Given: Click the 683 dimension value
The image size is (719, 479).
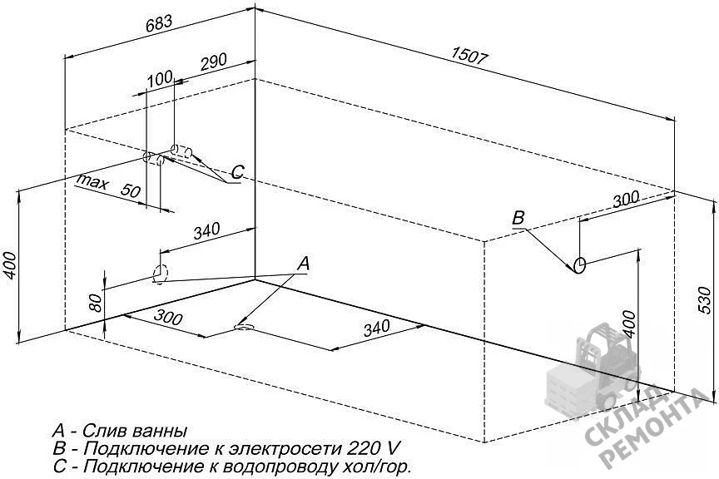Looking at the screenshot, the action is point(159,23).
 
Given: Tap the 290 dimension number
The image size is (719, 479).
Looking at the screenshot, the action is point(212,63).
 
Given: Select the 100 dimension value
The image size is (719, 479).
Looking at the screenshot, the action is point(160,79).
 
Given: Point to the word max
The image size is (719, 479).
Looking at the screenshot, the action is point(92,182).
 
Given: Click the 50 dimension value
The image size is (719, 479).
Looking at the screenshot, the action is point(130,190).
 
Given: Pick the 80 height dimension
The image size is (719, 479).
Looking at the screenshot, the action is point(96,303).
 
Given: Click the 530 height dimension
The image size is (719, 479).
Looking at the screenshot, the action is point(704,300).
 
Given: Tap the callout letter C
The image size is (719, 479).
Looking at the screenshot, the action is point(237,172).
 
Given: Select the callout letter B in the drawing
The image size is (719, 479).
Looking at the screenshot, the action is point(518,218).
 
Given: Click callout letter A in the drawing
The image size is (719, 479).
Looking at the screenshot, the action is point(303,264).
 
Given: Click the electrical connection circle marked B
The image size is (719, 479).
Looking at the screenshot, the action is point(579,265).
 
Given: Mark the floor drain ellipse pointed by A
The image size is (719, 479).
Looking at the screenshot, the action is point(243,327).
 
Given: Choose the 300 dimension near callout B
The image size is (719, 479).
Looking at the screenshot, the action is point(626,200).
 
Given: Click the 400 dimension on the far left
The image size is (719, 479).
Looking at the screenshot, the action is point(11,265).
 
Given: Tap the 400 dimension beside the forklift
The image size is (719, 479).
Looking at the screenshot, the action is point(630,324).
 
